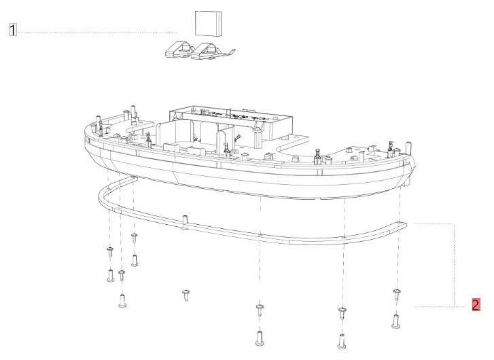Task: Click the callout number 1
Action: coord(12,31)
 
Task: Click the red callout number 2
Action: coord(476,304)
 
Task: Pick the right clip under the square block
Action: coord(211,50)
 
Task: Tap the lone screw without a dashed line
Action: coord(185,293)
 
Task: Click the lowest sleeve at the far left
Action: coord(123,300)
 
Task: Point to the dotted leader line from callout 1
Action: coord(95,32)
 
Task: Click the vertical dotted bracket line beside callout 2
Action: coord(453,265)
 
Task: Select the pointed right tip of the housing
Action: coord(414,163)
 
